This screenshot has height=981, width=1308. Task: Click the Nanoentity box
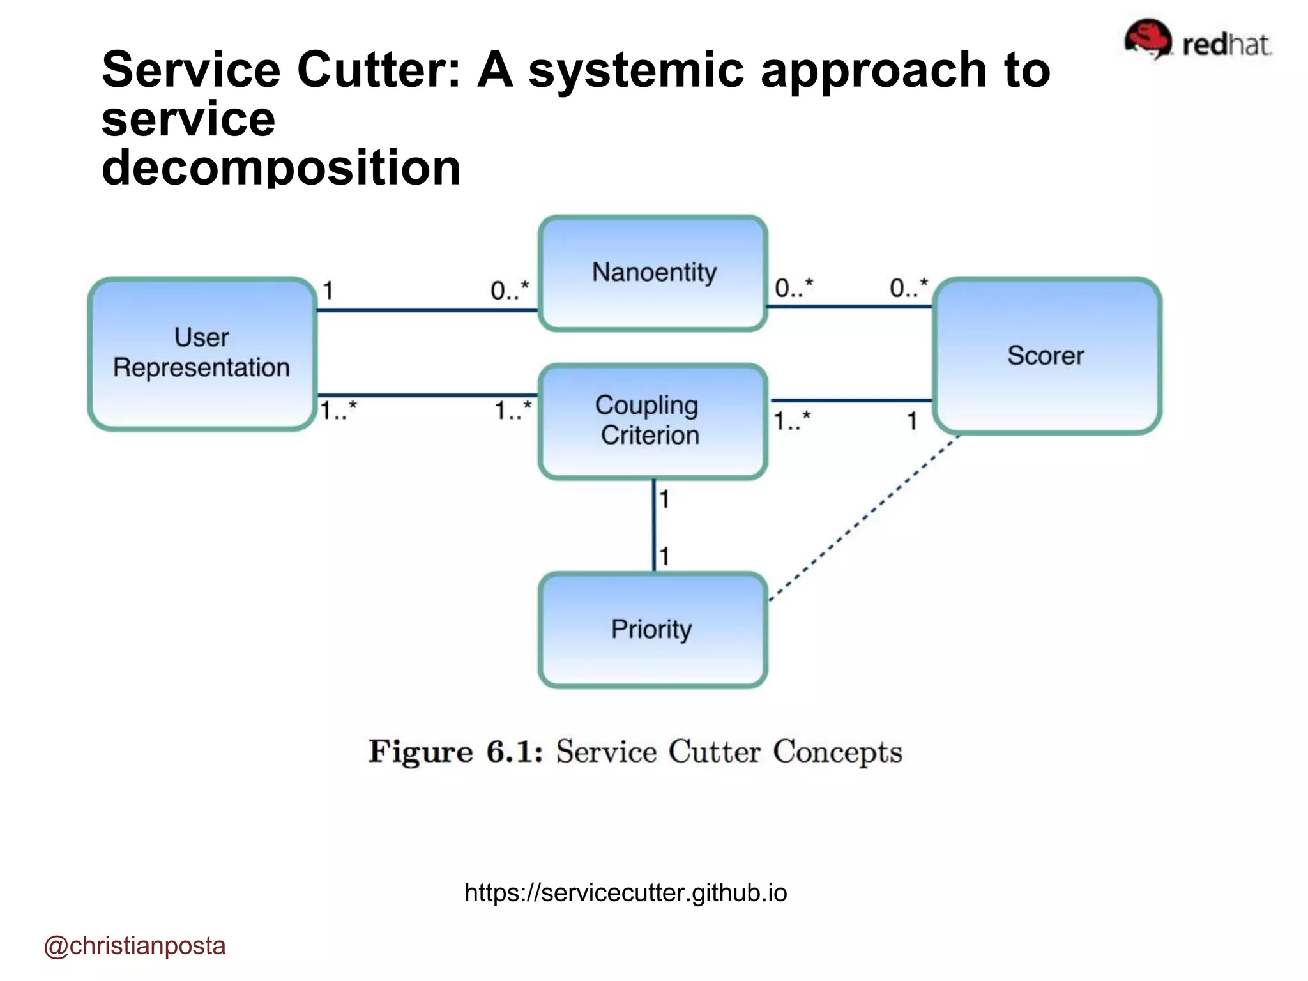[x=653, y=273]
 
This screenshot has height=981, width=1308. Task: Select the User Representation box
[x=202, y=353]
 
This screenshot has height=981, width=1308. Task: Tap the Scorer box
[x=1046, y=356]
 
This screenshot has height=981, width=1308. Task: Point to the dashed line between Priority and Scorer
[x=863, y=518]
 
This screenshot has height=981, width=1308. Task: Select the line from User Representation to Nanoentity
[x=427, y=310]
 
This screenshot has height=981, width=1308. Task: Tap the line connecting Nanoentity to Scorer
[x=849, y=307]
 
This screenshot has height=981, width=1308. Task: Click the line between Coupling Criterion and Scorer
[x=851, y=400]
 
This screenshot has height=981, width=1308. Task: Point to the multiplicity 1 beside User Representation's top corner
[x=328, y=291]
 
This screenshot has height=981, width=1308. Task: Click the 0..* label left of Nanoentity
[x=509, y=291]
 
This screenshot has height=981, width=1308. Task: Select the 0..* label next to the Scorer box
[x=908, y=288]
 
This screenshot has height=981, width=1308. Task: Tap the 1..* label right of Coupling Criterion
[x=792, y=421]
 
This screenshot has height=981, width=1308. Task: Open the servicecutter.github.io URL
[x=625, y=892]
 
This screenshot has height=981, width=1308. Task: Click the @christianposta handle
[x=135, y=945]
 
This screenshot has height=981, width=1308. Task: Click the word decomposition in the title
[x=281, y=167]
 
